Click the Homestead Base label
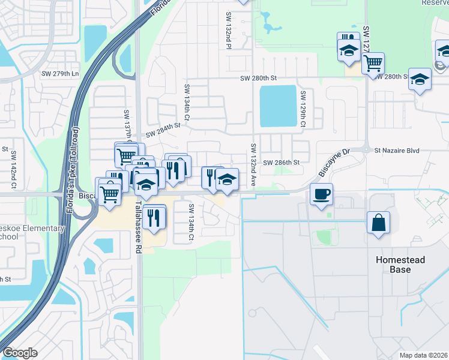(400, 265)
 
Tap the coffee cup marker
(321, 194)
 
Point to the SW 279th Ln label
(60, 74)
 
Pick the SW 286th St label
(280, 163)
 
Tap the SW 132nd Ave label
(254, 164)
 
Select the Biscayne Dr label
(333, 164)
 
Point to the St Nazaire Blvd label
(396, 151)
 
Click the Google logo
(20, 353)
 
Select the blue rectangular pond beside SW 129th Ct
(278, 106)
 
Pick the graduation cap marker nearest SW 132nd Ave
(227, 179)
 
